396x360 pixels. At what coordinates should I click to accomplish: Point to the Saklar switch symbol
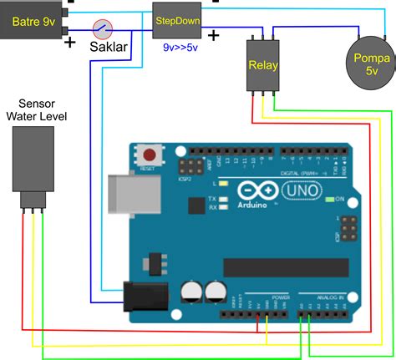(103, 28)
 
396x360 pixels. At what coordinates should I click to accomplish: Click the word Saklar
(109, 47)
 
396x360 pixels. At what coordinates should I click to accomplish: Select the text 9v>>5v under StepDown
(180, 48)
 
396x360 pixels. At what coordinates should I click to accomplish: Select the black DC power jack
(141, 297)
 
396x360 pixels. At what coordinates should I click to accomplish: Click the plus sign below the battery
(70, 42)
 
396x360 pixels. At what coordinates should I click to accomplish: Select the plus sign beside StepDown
(214, 35)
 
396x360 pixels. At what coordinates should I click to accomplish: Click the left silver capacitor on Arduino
(190, 291)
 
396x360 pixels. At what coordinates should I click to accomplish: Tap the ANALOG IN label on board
(321, 297)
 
